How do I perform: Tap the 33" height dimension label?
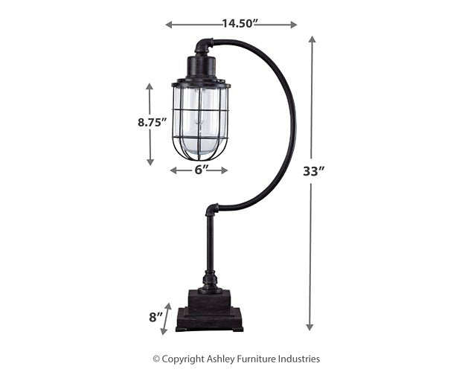click(314, 171)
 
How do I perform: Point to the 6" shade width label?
click(199, 170)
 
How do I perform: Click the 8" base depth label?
click(155, 317)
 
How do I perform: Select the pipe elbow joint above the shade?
click(203, 47)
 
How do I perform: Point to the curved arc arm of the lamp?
click(286, 119)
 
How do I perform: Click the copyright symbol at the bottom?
click(156, 359)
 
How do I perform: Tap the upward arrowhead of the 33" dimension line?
click(311, 39)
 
